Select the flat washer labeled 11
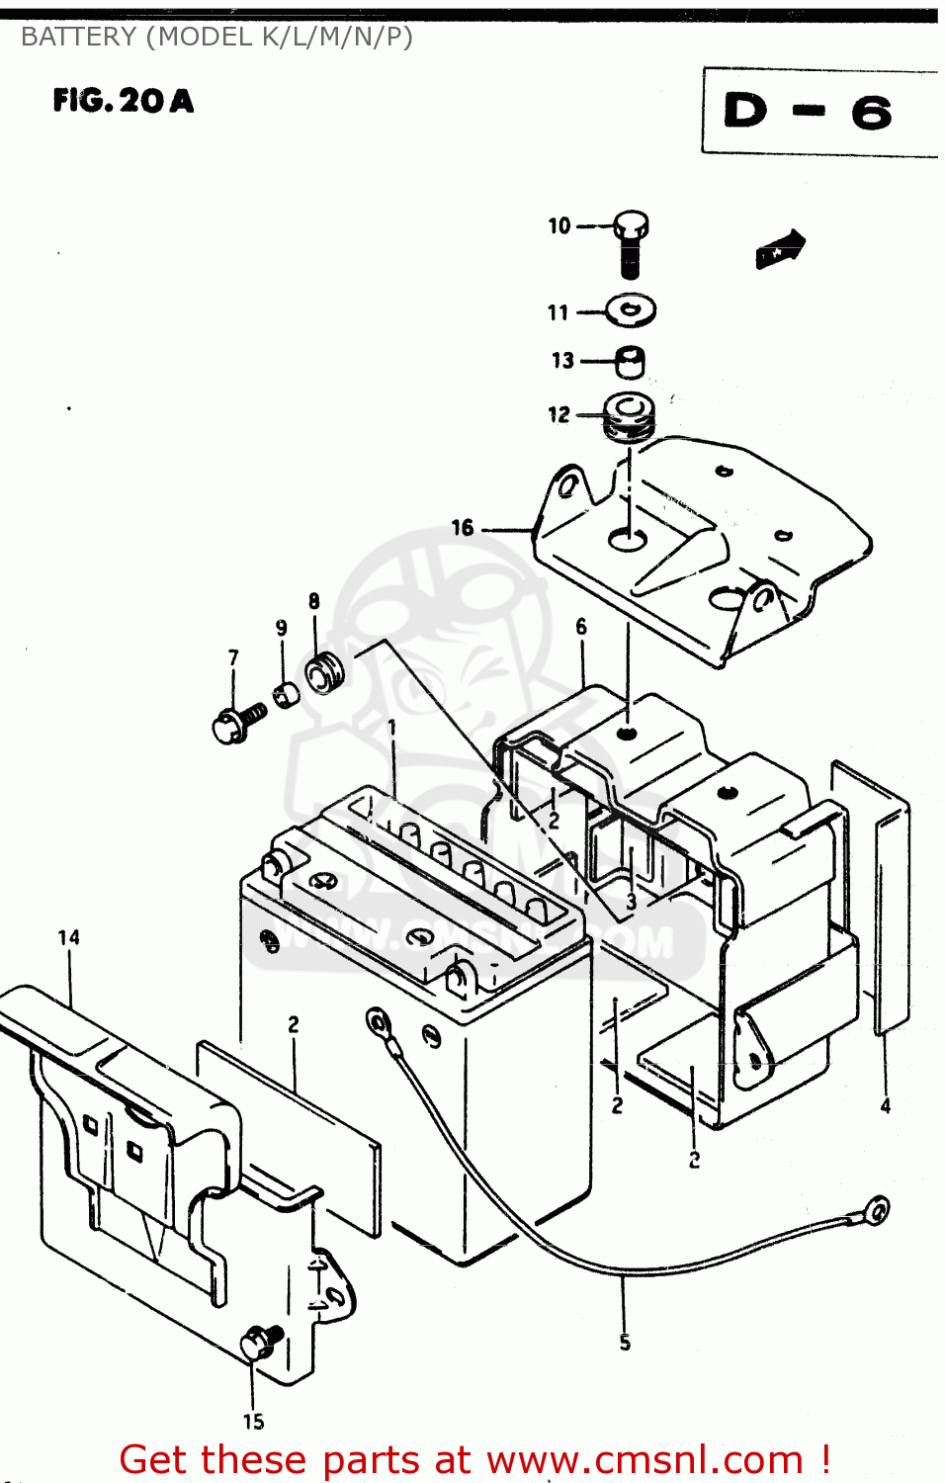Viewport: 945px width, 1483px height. (x=631, y=310)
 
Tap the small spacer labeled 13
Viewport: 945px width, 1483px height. (x=631, y=361)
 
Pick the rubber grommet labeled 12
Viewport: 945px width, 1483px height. (x=629, y=416)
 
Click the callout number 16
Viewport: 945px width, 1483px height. (x=463, y=528)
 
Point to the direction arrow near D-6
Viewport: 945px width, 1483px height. (x=781, y=248)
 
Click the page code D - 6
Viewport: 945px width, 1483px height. (x=808, y=111)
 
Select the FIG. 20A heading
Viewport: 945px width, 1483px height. (x=124, y=101)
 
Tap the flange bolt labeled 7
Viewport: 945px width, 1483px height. (x=236, y=723)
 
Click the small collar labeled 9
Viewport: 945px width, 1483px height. (x=286, y=694)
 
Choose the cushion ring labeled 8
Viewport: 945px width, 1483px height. (x=323, y=672)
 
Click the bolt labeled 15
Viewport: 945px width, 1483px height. (x=260, y=1341)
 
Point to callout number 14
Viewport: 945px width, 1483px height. (x=68, y=937)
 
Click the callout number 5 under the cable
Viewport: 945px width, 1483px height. (x=625, y=1342)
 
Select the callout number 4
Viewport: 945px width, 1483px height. (x=886, y=1105)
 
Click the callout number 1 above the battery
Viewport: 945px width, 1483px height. (x=392, y=728)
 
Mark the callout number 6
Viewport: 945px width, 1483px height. (x=581, y=627)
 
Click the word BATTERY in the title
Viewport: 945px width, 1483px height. (x=79, y=37)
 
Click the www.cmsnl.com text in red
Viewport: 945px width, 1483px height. (x=644, y=1459)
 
